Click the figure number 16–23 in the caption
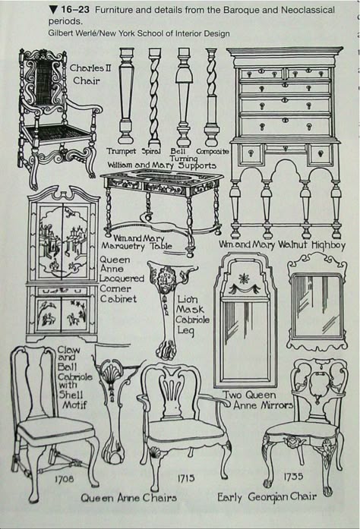75,10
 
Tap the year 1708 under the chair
64,478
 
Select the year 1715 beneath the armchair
186,477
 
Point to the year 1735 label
293,477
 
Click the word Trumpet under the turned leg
122,152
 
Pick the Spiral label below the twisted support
150,152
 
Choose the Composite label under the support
212,152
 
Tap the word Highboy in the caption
328,245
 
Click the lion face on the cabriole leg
166,279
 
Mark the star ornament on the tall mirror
243,279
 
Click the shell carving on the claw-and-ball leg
111,374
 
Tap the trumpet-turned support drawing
125,96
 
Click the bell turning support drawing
184,96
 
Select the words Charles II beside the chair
90,68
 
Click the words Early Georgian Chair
267,497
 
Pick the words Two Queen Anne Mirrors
257,400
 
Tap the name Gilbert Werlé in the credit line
68,33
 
